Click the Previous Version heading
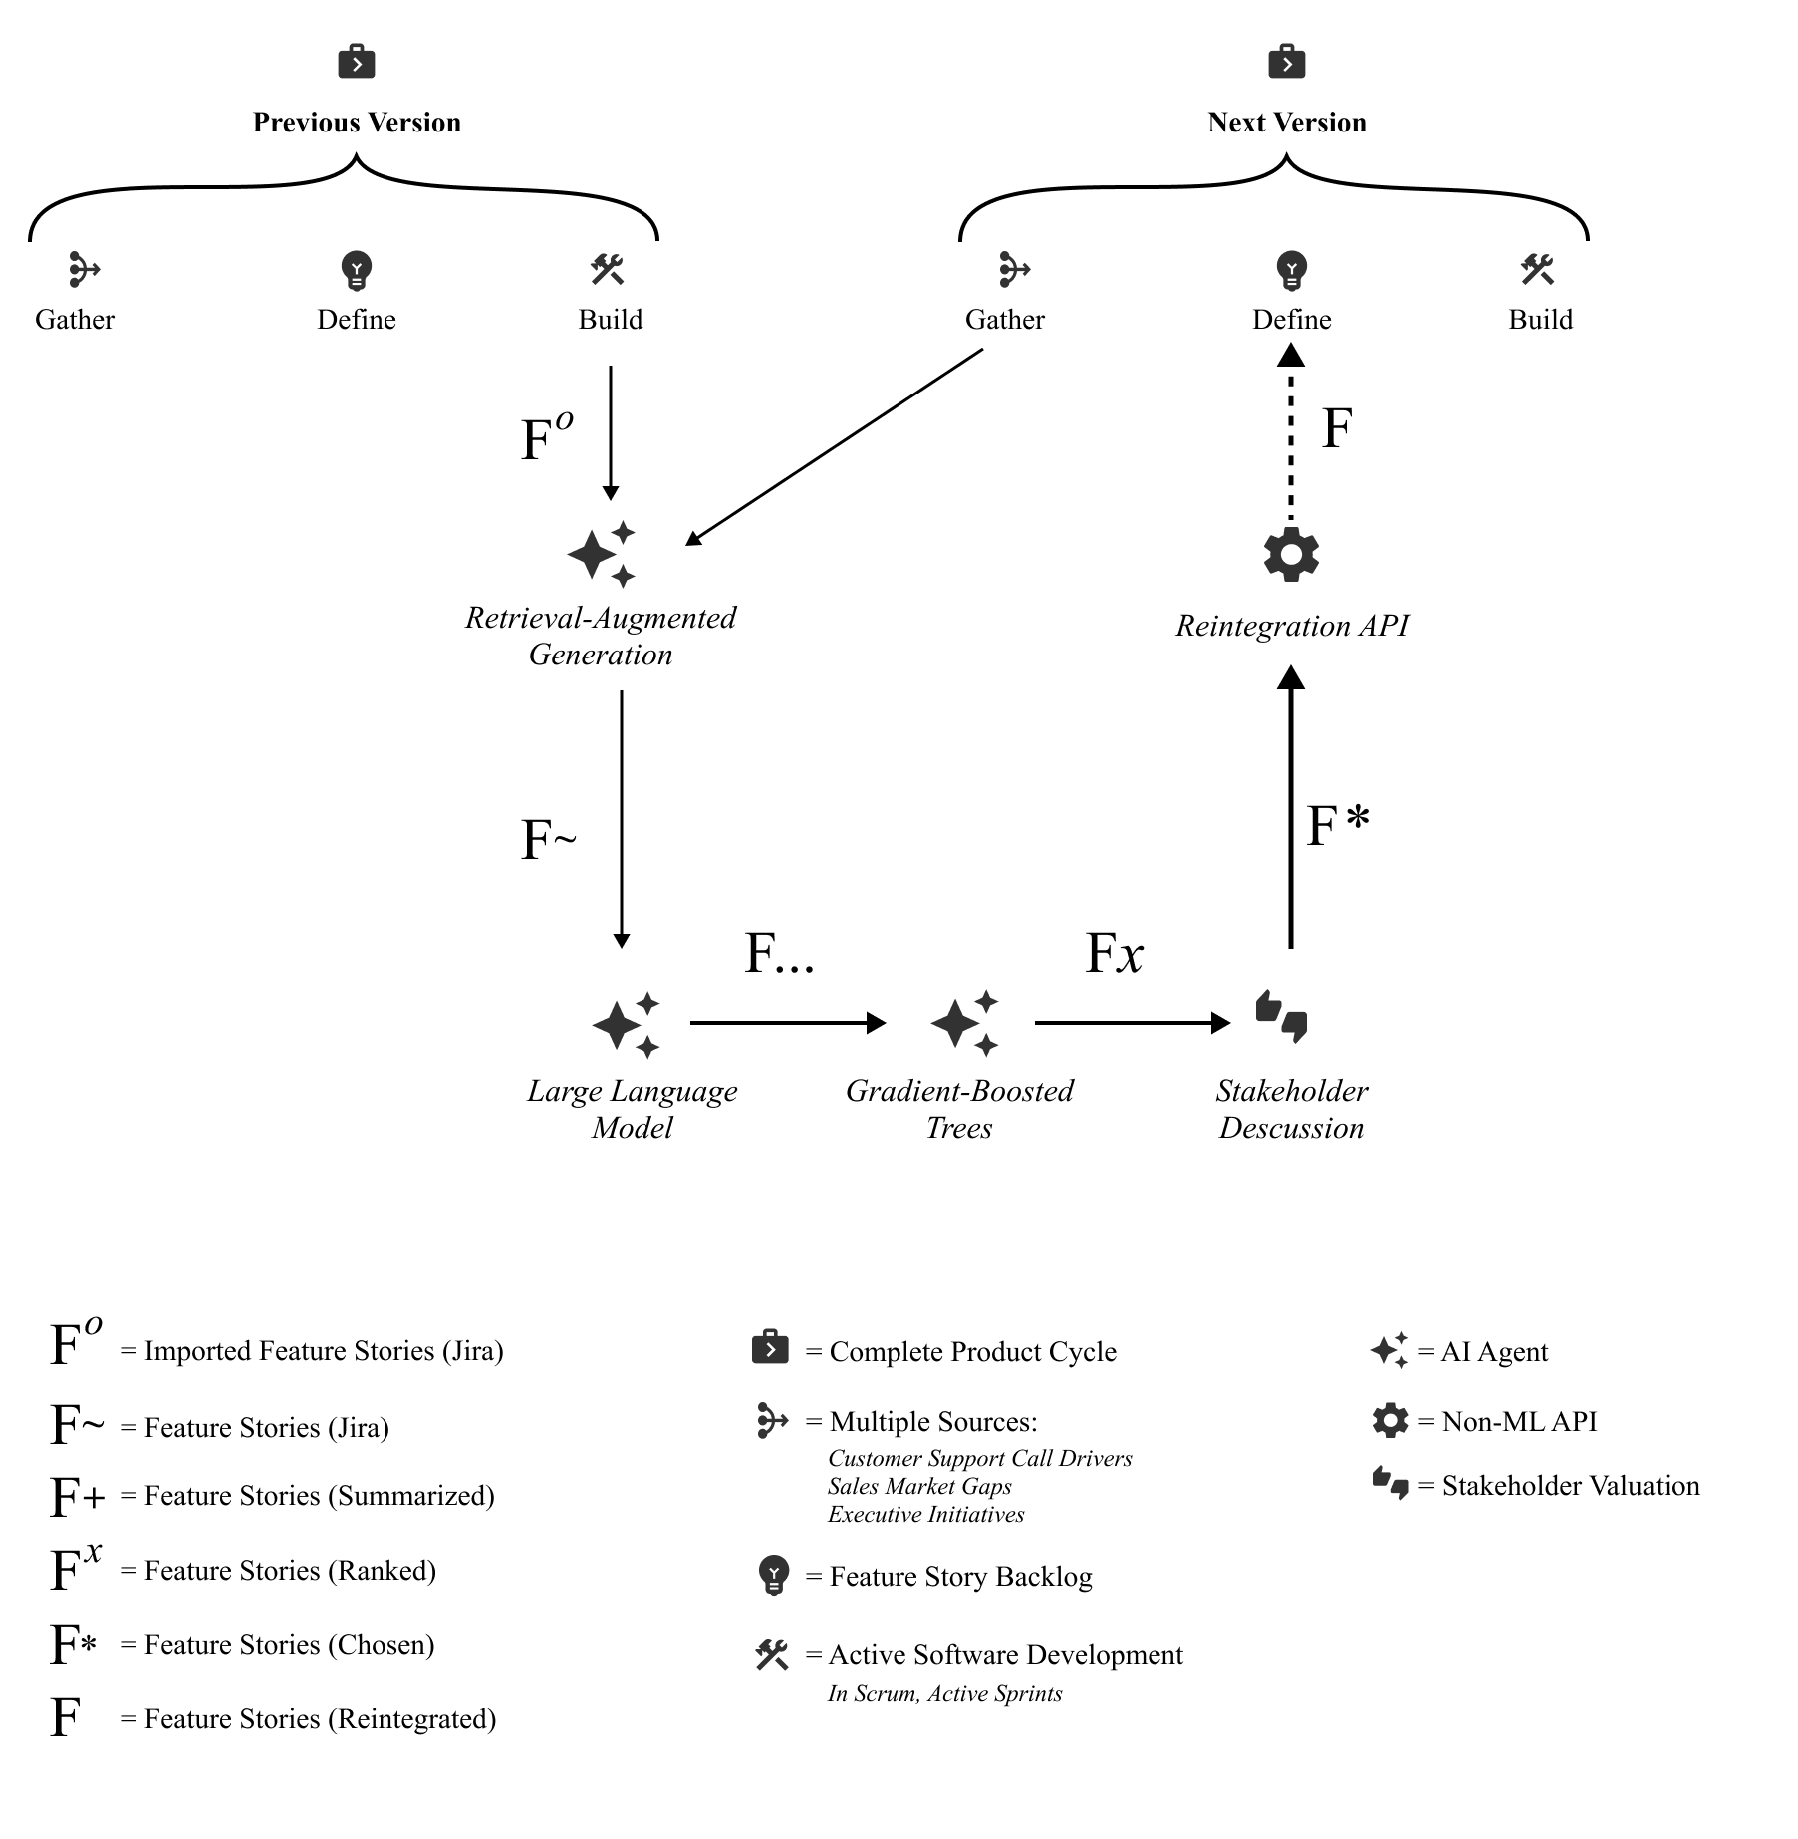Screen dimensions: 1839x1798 (357, 123)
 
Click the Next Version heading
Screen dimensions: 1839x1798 (1286, 123)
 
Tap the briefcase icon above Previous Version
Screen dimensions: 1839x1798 (357, 62)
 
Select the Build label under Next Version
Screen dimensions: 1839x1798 (1540, 320)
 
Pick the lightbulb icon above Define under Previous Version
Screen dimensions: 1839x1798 (356, 270)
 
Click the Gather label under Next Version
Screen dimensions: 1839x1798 (1004, 320)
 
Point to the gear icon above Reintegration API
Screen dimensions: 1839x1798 (1291, 555)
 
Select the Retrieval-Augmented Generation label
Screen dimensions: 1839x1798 (601, 636)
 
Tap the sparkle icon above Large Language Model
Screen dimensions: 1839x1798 (627, 1024)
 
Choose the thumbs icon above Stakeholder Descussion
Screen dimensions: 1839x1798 (1281, 1017)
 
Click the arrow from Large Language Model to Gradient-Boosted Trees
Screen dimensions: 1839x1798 (787, 1023)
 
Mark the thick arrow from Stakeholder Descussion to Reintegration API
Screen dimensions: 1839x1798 (1291, 807)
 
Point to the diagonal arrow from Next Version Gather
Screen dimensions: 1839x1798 (835, 446)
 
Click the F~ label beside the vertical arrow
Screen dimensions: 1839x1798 (548, 840)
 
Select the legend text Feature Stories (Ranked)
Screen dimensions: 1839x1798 (290, 1571)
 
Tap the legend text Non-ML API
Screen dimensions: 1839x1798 (1518, 1422)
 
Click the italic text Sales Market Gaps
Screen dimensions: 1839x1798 (919, 1487)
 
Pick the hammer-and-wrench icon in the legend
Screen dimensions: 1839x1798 (772, 1655)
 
